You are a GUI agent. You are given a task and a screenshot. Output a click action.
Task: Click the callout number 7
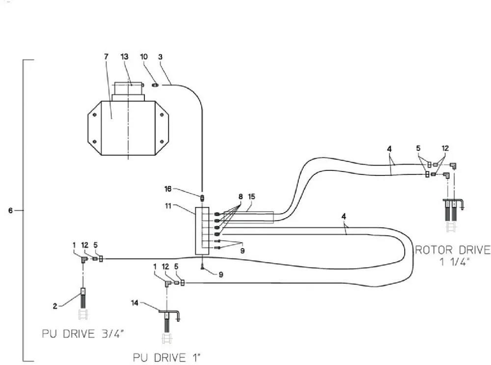pos(106,56)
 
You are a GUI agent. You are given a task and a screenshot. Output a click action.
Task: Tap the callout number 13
pos(124,56)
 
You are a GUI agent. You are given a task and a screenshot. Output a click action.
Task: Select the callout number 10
pos(144,56)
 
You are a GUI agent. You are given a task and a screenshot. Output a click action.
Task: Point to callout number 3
pos(161,56)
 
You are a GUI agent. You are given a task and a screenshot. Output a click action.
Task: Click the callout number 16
pos(168,189)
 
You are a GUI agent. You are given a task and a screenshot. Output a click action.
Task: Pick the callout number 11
pos(168,206)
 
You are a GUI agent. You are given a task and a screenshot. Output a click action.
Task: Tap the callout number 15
pos(251,197)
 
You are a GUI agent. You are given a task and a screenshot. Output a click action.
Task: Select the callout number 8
pos(241,197)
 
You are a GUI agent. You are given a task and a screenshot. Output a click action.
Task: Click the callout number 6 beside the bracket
pos(10,211)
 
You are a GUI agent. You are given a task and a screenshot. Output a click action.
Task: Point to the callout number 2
pos(55,306)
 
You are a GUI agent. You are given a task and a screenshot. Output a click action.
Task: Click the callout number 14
pos(135,303)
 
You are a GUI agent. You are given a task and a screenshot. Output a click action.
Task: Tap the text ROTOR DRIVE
pos(453,250)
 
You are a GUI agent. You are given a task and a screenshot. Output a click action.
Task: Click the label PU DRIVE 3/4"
pos(83,334)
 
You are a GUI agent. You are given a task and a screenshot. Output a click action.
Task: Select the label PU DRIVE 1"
pos(167,358)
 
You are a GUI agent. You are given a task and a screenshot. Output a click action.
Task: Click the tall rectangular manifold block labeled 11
pos(202,231)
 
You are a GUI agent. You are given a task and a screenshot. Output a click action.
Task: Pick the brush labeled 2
pos(83,298)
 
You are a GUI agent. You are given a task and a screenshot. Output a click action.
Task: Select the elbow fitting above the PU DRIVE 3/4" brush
pos(84,260)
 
